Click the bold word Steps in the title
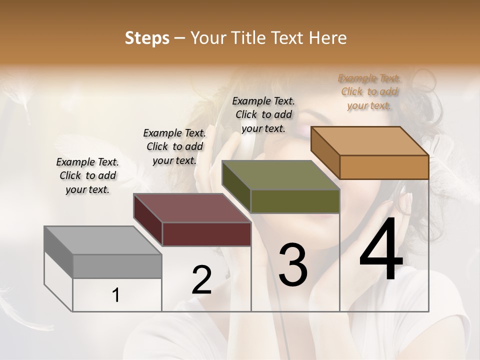pyautogui.click(x=147, y=38)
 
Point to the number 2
pyautogui.click(x=201, y=280)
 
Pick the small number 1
pyautogui.click(x=116, y=295)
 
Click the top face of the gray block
pyautogui.click(x=102, y=240)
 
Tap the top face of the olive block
pyautogui.click(x=280, y=175)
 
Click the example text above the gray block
pyautogui.click(x=87, y=175)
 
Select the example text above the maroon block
pyautogui.click(x=174, y=146)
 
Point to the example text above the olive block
pyautogui.click(x=263, y=114)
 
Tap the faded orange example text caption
pyautogui.click(x=369, y=91)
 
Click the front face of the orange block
pyautogui.click(x=384, y=167)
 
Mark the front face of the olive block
pyautogui.click(x=295, y=201)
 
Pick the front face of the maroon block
pyautogui.click(x=206, y=234)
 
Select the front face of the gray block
pyautogui.click(x=117, y=266)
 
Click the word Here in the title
pyautogui.click(x=329, y=38)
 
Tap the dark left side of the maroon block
pyautogui.click(x=147, y=220)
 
